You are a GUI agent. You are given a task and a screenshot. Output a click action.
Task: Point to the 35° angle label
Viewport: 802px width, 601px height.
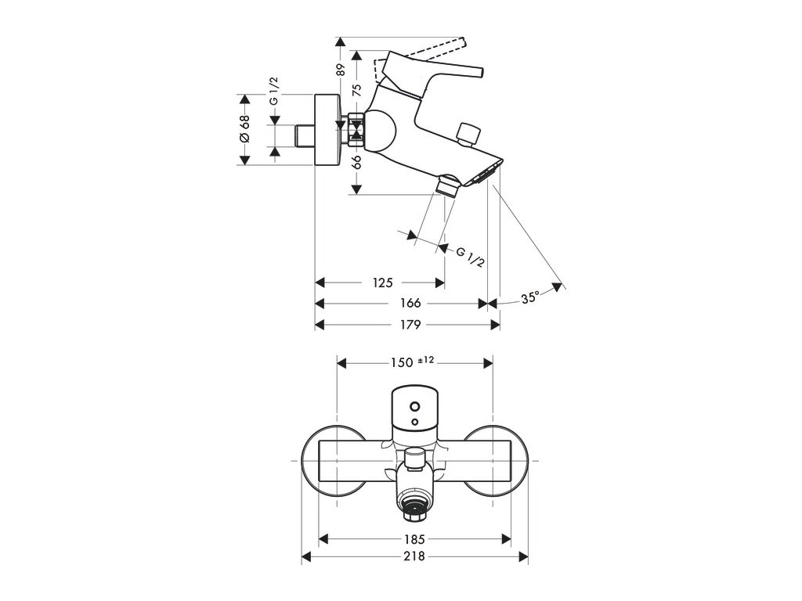coord(530,297)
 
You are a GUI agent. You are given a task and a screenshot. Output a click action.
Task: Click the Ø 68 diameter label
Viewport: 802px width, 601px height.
coord(244,129)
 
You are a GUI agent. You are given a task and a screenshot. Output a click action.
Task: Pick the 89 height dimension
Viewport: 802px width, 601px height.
coord(341,69)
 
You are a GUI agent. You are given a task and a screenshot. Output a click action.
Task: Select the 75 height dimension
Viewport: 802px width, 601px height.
coord(356,90)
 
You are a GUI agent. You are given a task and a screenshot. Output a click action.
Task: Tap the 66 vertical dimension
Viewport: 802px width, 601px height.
coord(356,162)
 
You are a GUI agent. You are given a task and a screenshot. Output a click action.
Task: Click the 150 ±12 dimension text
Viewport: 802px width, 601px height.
coord(413,362)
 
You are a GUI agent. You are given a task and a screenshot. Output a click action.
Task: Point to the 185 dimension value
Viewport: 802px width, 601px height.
coord(415,538)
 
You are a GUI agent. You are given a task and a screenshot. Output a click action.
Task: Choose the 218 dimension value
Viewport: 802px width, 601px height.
coord(415,556)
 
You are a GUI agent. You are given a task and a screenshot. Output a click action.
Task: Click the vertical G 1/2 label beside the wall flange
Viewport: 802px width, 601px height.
coord(274,90)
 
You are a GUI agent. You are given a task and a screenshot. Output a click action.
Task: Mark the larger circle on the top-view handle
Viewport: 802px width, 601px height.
coord(414,407)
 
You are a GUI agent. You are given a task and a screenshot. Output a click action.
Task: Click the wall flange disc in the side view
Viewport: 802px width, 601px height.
coord(327,130)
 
